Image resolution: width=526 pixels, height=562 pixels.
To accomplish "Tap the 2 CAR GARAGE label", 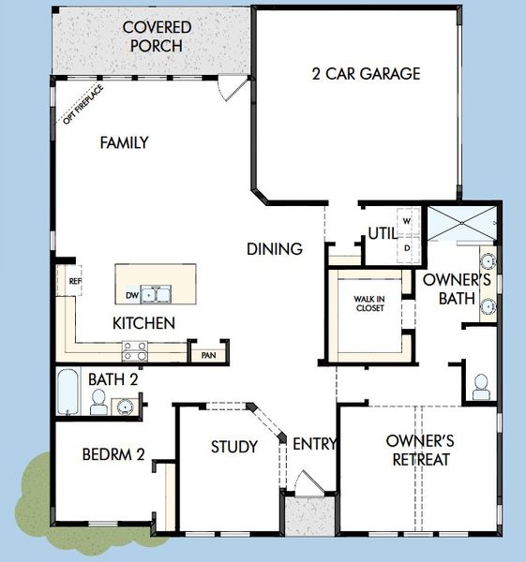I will coord(366,74).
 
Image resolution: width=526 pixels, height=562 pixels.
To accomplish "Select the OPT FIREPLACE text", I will coord(82,104).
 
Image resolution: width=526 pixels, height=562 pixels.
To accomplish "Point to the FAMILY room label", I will coord(125,142).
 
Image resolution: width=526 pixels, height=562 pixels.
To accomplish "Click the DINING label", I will coord(275,249).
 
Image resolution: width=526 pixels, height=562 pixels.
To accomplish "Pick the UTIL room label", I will coord(380,232).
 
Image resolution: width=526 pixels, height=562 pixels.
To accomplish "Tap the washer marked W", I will coord(407,221).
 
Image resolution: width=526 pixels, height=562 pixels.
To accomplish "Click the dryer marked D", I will coord(407,247).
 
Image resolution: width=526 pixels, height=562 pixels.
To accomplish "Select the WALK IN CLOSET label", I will coord(368,304).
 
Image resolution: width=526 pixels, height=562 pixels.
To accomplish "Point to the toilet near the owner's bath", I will coord(481,386).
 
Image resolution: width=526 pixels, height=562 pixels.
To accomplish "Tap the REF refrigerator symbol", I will coord(74,280).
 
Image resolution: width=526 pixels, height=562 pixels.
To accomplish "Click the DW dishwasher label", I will coord(132,295).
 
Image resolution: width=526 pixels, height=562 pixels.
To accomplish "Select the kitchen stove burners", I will coord(135,350).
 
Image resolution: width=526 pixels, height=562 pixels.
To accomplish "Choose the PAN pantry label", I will coord(208,355).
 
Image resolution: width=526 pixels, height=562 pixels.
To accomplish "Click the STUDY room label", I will coord(233,447).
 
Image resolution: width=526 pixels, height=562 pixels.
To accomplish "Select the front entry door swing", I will coord(305,485).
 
